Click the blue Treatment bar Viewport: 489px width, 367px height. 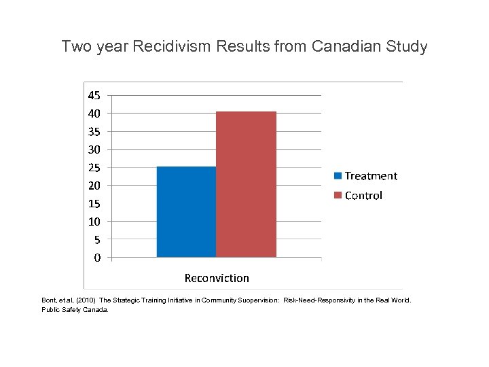186,212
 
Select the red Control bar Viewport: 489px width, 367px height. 246,184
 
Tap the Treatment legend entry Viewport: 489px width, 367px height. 365,176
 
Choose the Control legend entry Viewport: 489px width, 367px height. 358,196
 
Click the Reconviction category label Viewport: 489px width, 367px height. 217,278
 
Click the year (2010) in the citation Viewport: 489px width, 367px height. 85,300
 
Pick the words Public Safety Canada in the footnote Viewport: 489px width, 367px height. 75,309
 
